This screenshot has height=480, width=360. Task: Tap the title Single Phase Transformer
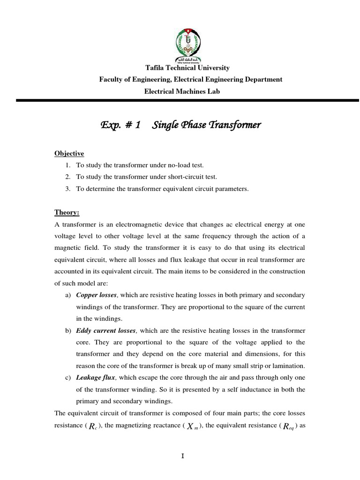[207, 126]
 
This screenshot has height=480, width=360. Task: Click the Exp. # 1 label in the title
[121, 126]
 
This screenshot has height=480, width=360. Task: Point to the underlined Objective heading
[69, 153]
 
